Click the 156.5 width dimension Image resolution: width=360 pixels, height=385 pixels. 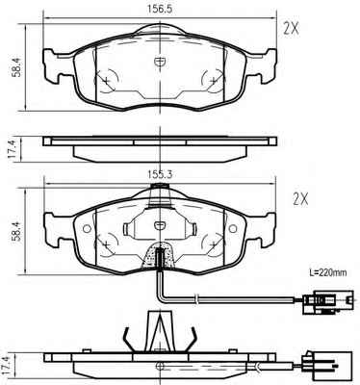tap(160, 9)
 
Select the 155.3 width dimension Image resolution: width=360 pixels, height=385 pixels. tap(160, 174)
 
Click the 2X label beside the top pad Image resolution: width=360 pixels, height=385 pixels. tap(291, 29)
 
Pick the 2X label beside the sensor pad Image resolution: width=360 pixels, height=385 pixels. tap(300, 199)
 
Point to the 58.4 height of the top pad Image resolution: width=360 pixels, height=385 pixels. tap(16, 66)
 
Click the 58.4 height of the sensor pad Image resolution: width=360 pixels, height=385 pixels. tap(16, 230)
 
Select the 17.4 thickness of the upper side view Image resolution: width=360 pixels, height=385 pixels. tap(12, 149)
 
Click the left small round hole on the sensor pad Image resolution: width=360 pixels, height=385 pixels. tap(87, 229)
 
